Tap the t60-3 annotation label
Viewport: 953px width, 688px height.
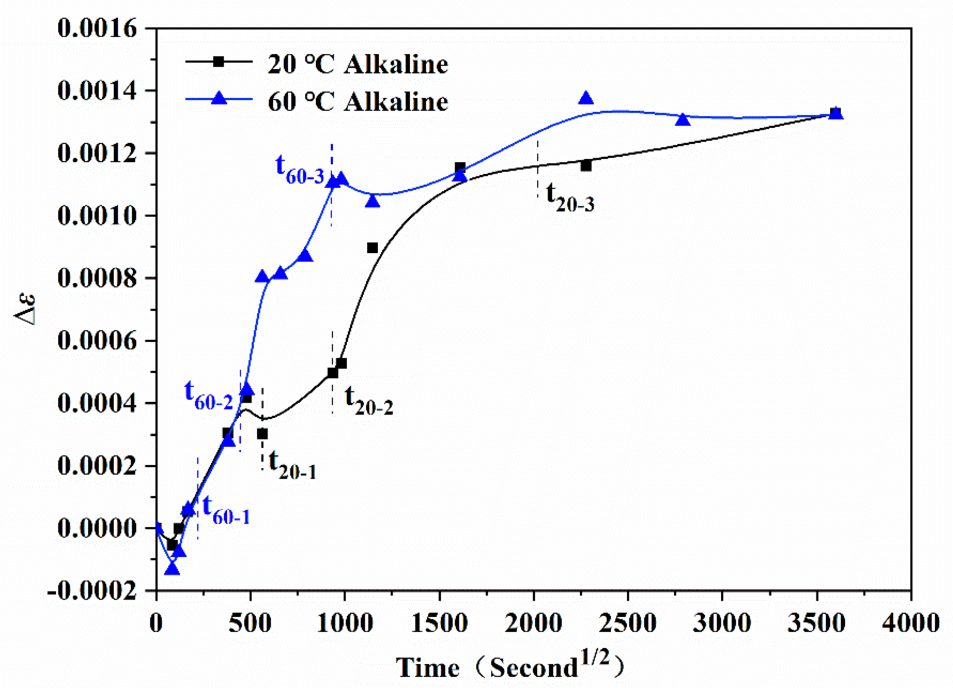(x=300, y=168)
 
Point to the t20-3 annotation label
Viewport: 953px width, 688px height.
(x=570, y=197)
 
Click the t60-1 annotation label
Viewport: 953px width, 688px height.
(x=226, y=509)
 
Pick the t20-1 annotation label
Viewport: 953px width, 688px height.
(x=292, y=464)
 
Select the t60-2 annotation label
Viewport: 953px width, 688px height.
(x=208, y=395)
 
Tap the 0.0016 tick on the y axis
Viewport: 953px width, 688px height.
(x=97, y=29)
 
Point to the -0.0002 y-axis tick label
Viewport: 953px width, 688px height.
(x=93, y=592)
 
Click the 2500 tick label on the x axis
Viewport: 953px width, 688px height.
(x=627, y=623)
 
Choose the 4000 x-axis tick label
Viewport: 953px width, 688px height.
(x=910, y=623)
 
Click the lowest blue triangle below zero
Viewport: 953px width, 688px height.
(x=172, y=569)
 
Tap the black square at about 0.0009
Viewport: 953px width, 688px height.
(x=372, y=248)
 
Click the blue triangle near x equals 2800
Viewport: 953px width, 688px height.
(x=683, y=120)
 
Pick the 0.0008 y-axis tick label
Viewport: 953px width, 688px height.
(x=97, y=278)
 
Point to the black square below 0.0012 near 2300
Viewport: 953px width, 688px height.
(x=586, y=166)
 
